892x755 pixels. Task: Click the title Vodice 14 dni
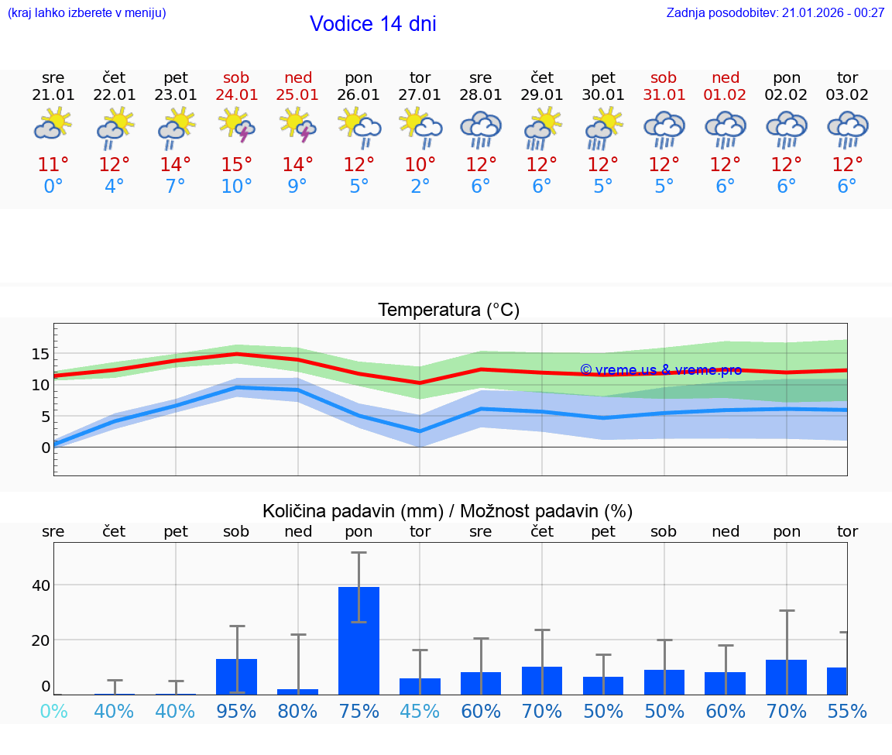point(372,24)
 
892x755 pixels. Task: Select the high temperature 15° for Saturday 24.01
point(237,165)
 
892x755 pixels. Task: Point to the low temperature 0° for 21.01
point(53,187)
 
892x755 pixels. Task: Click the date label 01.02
point(725,95)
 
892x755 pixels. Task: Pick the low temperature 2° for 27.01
point(420,187)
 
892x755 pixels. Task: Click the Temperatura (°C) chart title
point(448,311)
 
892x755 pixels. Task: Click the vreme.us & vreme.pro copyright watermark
point(660,370)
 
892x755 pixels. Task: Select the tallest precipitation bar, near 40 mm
point(359,640)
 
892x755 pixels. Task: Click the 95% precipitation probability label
point(237,712)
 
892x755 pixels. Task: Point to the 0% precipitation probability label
point(53,712)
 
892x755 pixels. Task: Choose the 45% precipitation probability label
point(420,712)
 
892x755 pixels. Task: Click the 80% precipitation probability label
point(298,712)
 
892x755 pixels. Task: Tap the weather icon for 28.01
point(481,129)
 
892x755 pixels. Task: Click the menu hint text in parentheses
point(87,13)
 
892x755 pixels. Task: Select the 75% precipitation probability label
point(359,712)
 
